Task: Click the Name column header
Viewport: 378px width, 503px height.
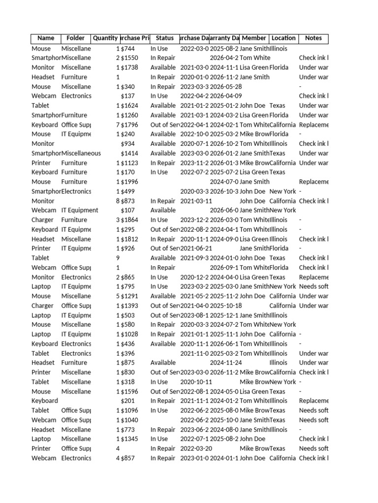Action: pos(46,38)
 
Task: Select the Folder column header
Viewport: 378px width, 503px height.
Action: pos(76,38)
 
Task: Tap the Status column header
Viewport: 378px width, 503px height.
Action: pos(165,38)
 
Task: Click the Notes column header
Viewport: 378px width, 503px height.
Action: pos(314,38)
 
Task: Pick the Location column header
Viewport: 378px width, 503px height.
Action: pos(283,38)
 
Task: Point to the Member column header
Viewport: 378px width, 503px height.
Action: pos(254,38)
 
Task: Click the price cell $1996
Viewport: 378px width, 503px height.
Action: pos(129,182)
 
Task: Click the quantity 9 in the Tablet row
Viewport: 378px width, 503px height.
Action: pos(118,258)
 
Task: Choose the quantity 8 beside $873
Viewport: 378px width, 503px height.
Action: pos(118,201)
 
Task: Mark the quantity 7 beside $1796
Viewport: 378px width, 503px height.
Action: pos(118,125)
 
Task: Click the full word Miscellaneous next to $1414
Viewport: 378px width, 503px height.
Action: pos(81,153)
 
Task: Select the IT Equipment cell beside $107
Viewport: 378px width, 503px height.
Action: pos(80,210)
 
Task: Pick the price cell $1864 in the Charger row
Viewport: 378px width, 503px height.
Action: pos(129,220)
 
